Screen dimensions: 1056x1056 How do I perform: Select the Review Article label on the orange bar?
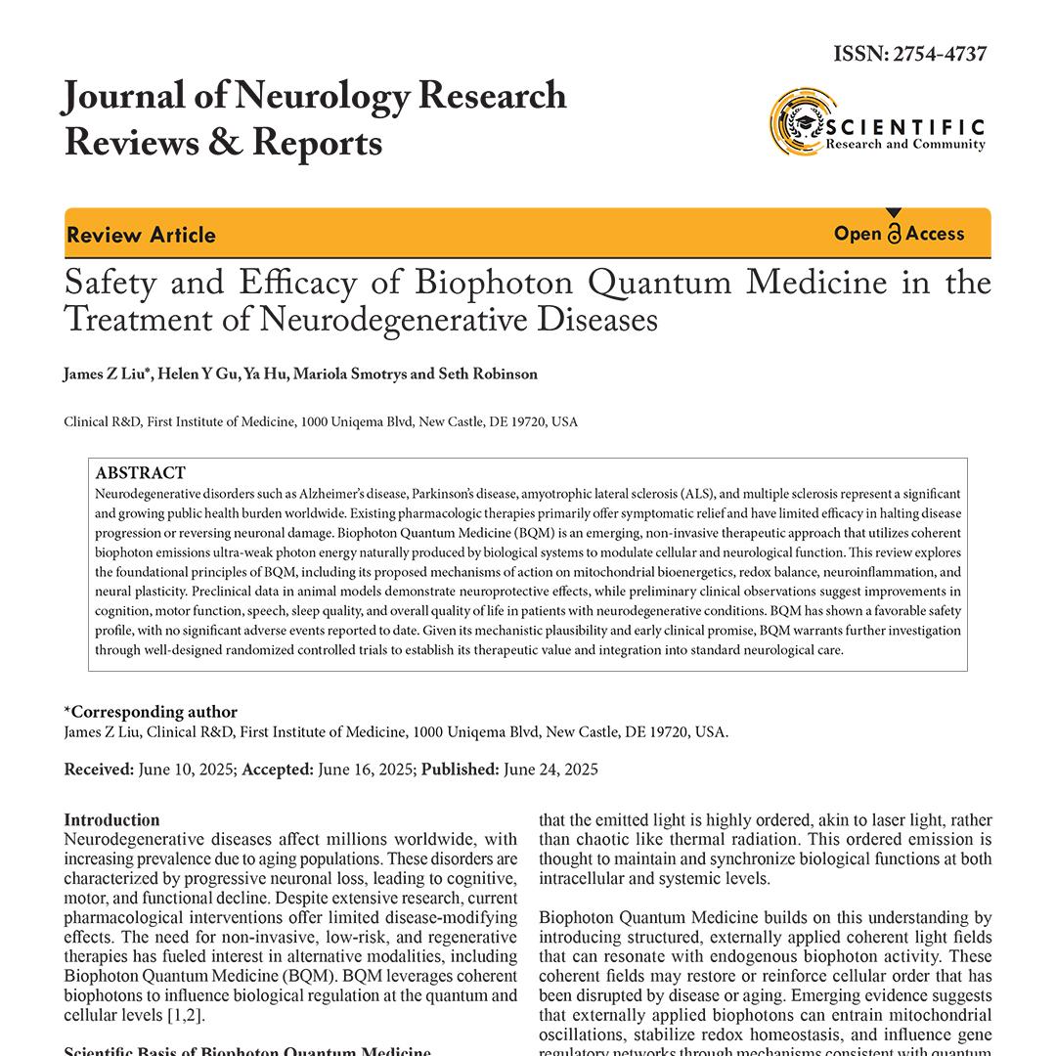[141, 235]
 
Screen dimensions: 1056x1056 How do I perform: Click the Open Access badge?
[899, 234]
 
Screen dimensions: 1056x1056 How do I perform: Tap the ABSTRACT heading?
[140, 472]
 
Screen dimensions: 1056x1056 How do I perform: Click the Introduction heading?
[111, 819]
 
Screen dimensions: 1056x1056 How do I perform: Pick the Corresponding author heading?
[151, 712]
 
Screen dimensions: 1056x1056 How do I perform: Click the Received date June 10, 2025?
[186, 770]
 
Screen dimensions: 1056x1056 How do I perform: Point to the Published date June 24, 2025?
[550, 770]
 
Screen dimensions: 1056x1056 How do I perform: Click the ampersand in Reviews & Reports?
[223, 143]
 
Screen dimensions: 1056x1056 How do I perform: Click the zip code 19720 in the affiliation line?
[530, 422]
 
